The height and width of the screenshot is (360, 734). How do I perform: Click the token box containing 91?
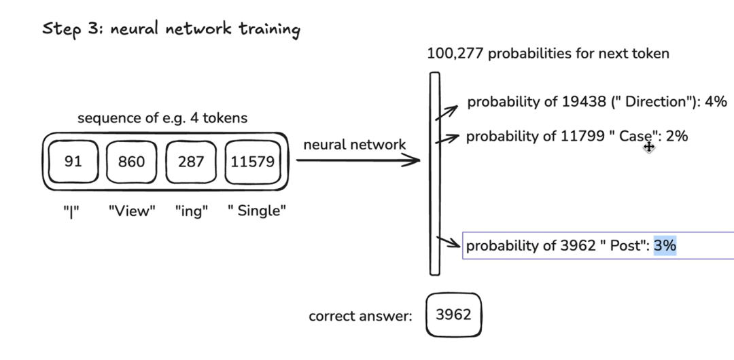pyautogui.click(x=73, y=162)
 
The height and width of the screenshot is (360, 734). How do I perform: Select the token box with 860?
pyautogui.click(x=131, y=162)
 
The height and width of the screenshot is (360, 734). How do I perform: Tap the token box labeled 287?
pyautogui.click(x=190, y=162)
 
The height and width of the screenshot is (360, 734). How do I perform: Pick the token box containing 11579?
pyautogui.click(x=252, y=162)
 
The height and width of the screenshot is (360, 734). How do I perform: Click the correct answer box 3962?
pyautogui.click(x=453, y=315)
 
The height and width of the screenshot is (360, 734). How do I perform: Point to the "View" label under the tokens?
pyautogui.click(x=132, y=211)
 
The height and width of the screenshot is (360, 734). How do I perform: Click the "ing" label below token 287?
pyautogui.click(x=190, y=211)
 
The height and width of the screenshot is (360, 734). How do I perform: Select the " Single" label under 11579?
pyautogui.click(x=258, y=211)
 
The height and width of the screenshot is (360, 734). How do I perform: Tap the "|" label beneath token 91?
pyautogui.click(x=73, y=211)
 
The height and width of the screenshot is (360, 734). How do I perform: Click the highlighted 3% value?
pyautogui.click(x=665, y=246)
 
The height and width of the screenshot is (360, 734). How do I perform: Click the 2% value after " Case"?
pyautogui.click(x=677, y=137)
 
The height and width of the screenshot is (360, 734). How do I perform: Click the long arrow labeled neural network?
pyautogui.click(x=358, y=161)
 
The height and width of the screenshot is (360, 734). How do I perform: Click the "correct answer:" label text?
pyautogui.click(x=361, y=316)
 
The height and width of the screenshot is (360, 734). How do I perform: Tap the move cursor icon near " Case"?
pyautogui.click(x=649, y=146)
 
